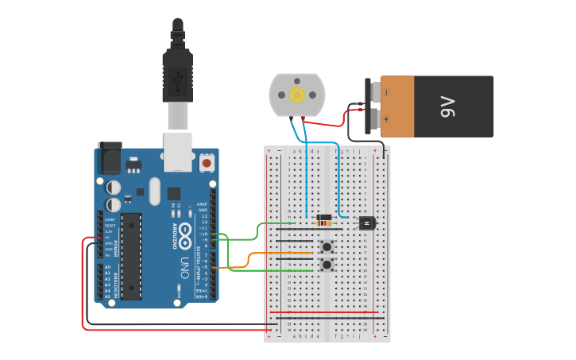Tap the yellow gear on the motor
[x=297, y=95]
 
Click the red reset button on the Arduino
[x=207, y=163]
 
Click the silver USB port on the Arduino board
[x=178, y=152]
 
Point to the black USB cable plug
[x=177, y=76]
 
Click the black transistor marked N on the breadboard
[x=366, y=223]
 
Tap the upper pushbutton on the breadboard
[x=327, y=246]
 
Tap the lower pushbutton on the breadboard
[x=327, y=264]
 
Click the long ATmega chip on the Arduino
[x=131, y=256]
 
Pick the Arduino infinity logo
[x=184, y=235]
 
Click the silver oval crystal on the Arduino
[x=153, y=191]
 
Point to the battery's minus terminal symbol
[x=387, y=92]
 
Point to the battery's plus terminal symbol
[x=387, y=120]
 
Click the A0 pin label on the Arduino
[x=107, y=267]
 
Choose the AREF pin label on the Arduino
[x=203, y=203]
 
